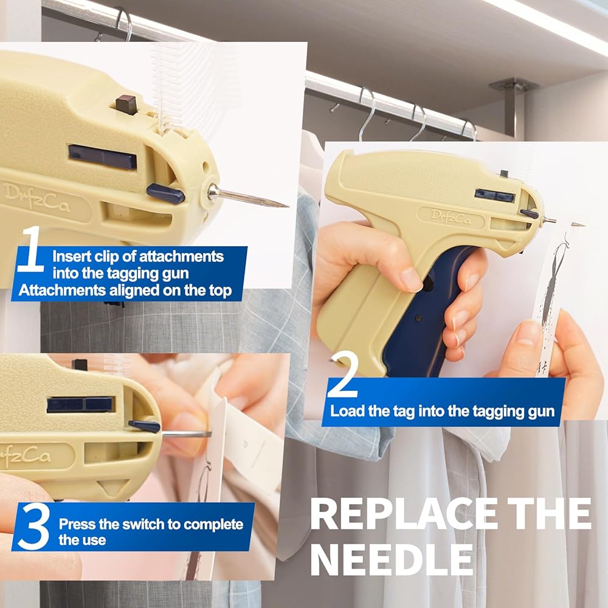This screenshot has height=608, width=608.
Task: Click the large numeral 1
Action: click(32, 249)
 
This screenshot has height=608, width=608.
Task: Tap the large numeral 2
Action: click(342, 373)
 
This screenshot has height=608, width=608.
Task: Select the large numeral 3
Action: click(33, 527)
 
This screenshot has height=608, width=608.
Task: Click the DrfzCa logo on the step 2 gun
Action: click(451, 217)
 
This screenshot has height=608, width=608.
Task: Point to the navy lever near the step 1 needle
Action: click(165, 193)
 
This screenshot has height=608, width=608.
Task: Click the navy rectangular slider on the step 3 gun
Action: click(81, 404)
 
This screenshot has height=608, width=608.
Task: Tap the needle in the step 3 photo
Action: click(186, 434)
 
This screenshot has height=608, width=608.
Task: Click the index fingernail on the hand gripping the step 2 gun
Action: click(410, 280)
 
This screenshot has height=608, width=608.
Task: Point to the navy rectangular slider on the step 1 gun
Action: click(102, 157)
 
